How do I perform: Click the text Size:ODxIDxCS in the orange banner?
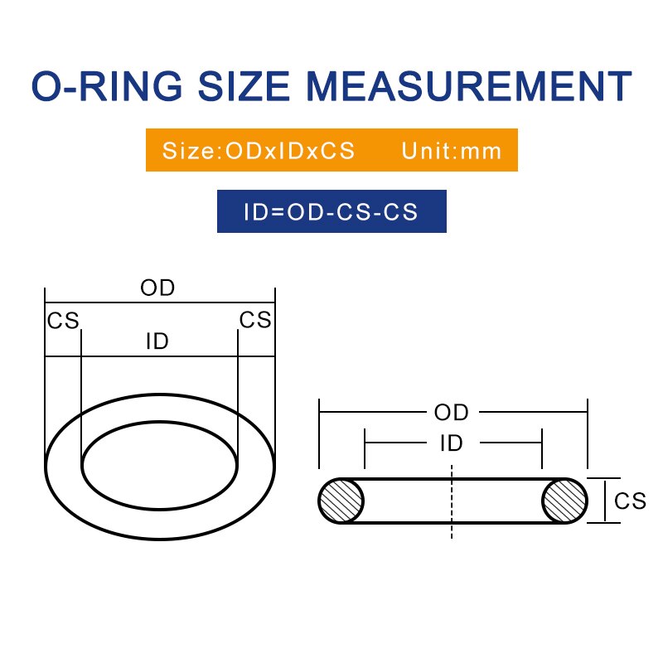(x=259, y=151)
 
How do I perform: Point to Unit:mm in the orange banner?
(x=452, y=151)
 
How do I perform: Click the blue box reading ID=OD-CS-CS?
(x=331, y=211)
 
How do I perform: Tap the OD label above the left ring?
(x=157, y=288)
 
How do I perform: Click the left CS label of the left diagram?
(x=63, y=321)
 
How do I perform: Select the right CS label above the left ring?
(x=255, y=321)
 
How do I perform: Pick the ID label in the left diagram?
(x=157, y=341)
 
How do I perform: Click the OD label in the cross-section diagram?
(x=452, y=412)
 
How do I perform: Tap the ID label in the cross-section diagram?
(x=452, y=443)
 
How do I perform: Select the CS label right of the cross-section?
(x=630, y=501)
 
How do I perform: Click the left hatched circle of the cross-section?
(x=341, y=501)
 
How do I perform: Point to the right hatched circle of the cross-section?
(x=564, y=501)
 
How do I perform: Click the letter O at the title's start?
(x=48, y=87)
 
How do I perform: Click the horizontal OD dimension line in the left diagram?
(x=91, y=302)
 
